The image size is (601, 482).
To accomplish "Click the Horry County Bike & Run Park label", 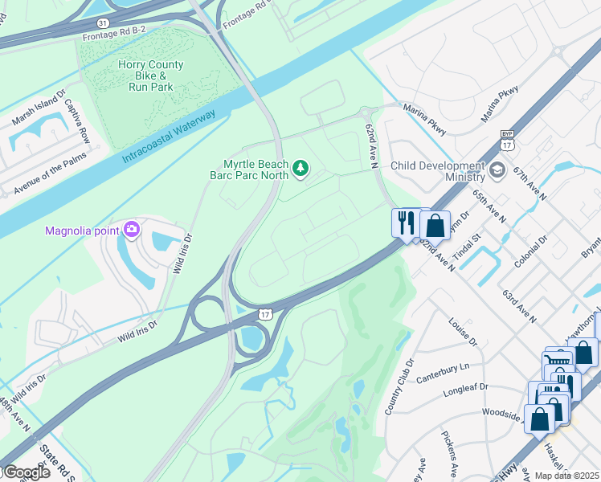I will pyautogui.click(x=150, y=76).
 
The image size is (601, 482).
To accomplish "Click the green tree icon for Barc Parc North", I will pyautogui.click(x=300, y=168).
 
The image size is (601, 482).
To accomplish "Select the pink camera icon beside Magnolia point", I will pyautogui.click(x=132, y=231).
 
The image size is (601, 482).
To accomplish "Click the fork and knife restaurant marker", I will pyautogui.click(x=405, y=221).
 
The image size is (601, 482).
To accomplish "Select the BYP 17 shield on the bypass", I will pyautogui.click(x=506, y=141).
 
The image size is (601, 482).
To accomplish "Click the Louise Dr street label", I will pyautogui.click(x=463, y=332).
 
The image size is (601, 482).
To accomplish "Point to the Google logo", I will pyautogui.click(x=26, y=472).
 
